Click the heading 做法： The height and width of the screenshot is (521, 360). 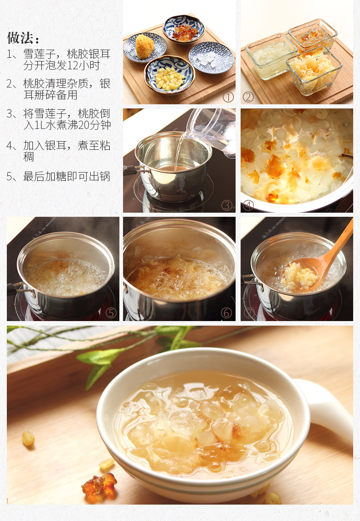[23, 38]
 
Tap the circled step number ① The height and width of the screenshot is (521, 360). [228, 97]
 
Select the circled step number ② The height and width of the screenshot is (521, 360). [248, 97]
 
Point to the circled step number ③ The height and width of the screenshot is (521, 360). [227, 205]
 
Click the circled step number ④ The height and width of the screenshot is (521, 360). [248, 205]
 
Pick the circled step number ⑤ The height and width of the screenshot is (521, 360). [111, 313]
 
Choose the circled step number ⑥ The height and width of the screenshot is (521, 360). [226, 313]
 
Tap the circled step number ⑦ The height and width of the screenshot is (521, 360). [249, 313]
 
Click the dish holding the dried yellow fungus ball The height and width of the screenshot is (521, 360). [145, 47]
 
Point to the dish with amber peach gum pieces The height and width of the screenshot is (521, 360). [184, 29]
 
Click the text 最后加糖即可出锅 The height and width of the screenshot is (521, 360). [67, 176]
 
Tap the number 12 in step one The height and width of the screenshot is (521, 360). [73, 65]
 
